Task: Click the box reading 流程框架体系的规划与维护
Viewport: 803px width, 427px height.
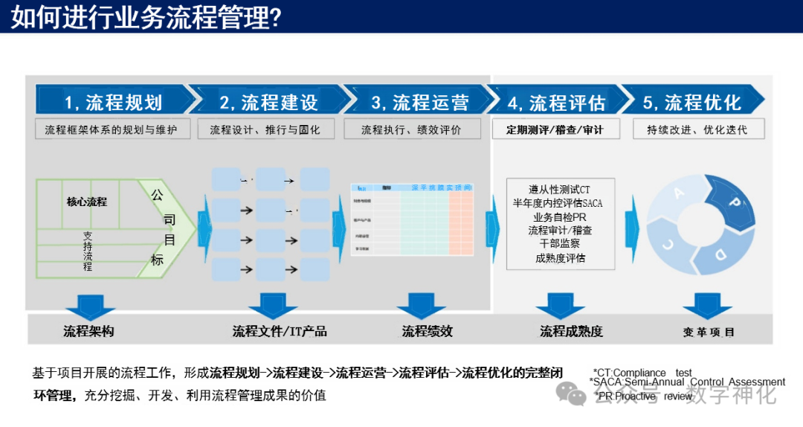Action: pos(112,129)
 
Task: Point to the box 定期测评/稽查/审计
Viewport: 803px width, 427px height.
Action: pos(555,129)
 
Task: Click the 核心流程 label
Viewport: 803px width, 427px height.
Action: pos(87,202)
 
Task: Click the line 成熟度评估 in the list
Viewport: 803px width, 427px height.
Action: pos(560,258)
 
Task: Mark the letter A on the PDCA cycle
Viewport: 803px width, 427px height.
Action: pos(677,193)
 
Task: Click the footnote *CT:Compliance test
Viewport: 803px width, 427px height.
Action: pos(642,373)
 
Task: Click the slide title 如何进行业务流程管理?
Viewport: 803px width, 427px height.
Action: pos(146,17)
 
